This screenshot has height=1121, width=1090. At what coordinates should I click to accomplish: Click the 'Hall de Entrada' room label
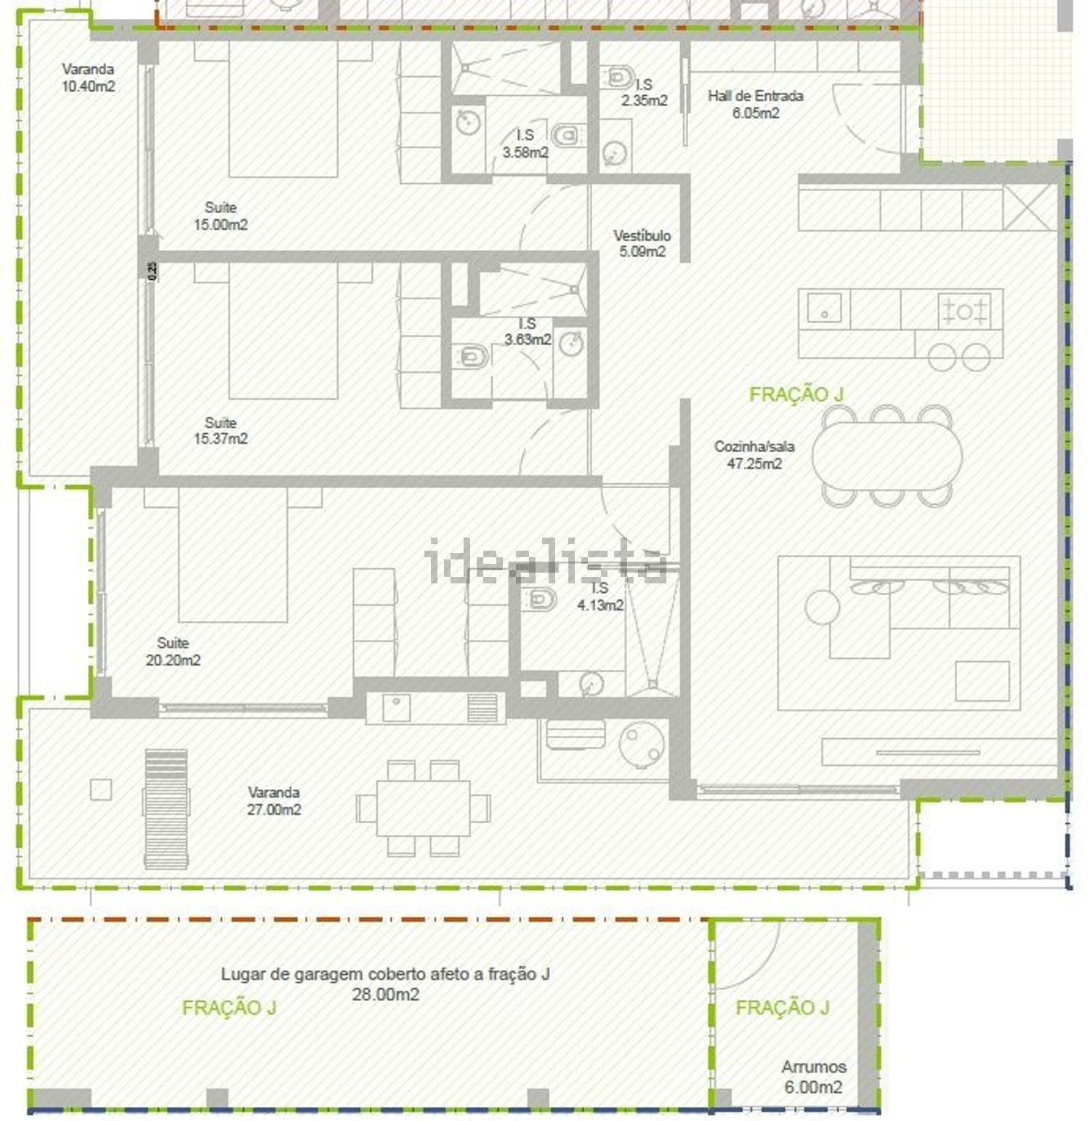click(x=756, y=96)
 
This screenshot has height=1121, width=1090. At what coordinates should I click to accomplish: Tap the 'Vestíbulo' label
click(x=642, y=235)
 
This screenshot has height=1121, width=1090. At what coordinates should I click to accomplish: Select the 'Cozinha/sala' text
click(x=754, y=446)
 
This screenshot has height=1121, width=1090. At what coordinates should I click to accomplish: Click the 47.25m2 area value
click(x=754, y=464)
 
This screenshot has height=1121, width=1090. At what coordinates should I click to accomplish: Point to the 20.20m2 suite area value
click(x=173, y=660)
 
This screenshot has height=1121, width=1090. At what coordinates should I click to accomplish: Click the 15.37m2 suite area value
click(x=220, y=439)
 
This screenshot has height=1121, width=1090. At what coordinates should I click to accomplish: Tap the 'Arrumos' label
click(x=814, y=1067)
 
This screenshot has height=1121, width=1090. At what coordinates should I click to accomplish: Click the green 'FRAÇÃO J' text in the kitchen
click(x=796, y=394)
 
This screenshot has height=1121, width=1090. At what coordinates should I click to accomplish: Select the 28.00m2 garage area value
click(x=385, y=995)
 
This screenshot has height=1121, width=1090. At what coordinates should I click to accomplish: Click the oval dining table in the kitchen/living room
click(x=887, y=456)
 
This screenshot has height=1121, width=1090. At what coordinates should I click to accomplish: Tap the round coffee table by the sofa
click(x=823, y=606)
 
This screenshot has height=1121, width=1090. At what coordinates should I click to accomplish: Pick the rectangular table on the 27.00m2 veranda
click(x=423, y=808)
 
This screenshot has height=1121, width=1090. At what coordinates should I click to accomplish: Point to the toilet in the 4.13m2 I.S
click(x=541, y=598)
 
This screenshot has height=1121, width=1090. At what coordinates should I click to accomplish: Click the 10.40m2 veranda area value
click(x=88, y=86)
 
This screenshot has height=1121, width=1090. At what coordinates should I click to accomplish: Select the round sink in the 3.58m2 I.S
click(x=468, y=122)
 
